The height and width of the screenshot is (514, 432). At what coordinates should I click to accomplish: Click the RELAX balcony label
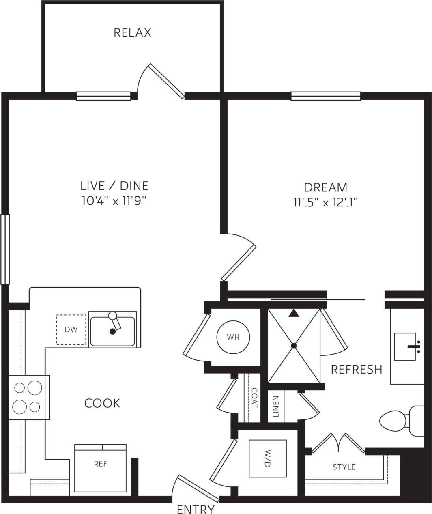pyautogui.click(x=132, y=32)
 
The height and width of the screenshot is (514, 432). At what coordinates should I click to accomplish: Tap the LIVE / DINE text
pyautogui.click(x=114, y=186)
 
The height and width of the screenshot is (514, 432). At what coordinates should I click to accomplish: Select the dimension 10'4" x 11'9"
pyautogui.click(x=114, y=201)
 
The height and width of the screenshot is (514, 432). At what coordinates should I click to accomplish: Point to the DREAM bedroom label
pyautogui.click(x=326, y=187)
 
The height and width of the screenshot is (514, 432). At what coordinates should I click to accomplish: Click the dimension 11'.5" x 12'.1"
pyautogui.click(x=326, y=202)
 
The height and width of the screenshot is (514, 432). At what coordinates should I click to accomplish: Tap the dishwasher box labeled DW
pyautogui.click(x=71, y=330)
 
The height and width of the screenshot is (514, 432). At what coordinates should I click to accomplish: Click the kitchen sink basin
pyautogui.click(x=112, y=331)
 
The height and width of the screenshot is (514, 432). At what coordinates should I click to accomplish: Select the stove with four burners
pyautogui.click(x=28, y=397)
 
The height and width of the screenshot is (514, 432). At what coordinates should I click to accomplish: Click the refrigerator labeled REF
pyautogui.click(x=100, y=464)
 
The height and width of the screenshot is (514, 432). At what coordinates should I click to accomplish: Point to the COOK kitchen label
pyautogui.click(x=102, y=403)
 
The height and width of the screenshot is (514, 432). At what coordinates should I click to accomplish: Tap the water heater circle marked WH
pyautogui.click(x=233, y=337)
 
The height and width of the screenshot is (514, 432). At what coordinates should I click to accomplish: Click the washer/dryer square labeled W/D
pyautogui.click(x=267, y=458)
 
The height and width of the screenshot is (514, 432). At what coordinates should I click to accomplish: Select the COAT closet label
pyautogui.click(x=254, y=398)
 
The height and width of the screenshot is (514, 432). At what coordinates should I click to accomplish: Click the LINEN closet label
pyautogui.click(x=276, y=406)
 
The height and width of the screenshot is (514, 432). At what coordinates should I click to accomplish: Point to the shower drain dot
pyautogui.click(x=294, y=346)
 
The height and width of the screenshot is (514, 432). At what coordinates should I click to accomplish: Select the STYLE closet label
pyautogui.click(x=344, y=467)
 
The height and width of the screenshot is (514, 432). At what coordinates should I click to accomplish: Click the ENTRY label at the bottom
pyautogui.click(x=196, y=509)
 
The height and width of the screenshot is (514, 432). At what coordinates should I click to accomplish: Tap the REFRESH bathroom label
pyautogui.click(x=357, y=369)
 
